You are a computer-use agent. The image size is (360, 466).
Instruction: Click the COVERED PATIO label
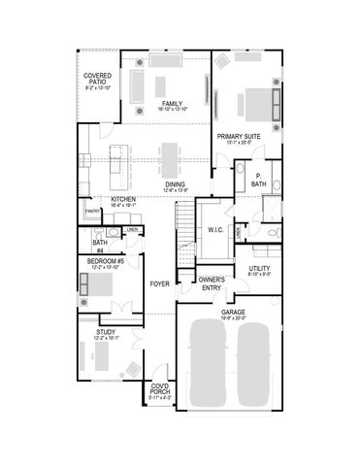(96, 79)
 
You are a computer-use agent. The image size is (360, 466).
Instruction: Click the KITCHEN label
(122, 199)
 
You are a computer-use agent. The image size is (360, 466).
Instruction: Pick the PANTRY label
(93, 211)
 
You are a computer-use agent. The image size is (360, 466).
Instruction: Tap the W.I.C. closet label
(215, 229)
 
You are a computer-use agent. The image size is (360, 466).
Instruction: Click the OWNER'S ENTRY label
(213, 283)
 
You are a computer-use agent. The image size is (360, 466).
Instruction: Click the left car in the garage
(208, 365)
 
